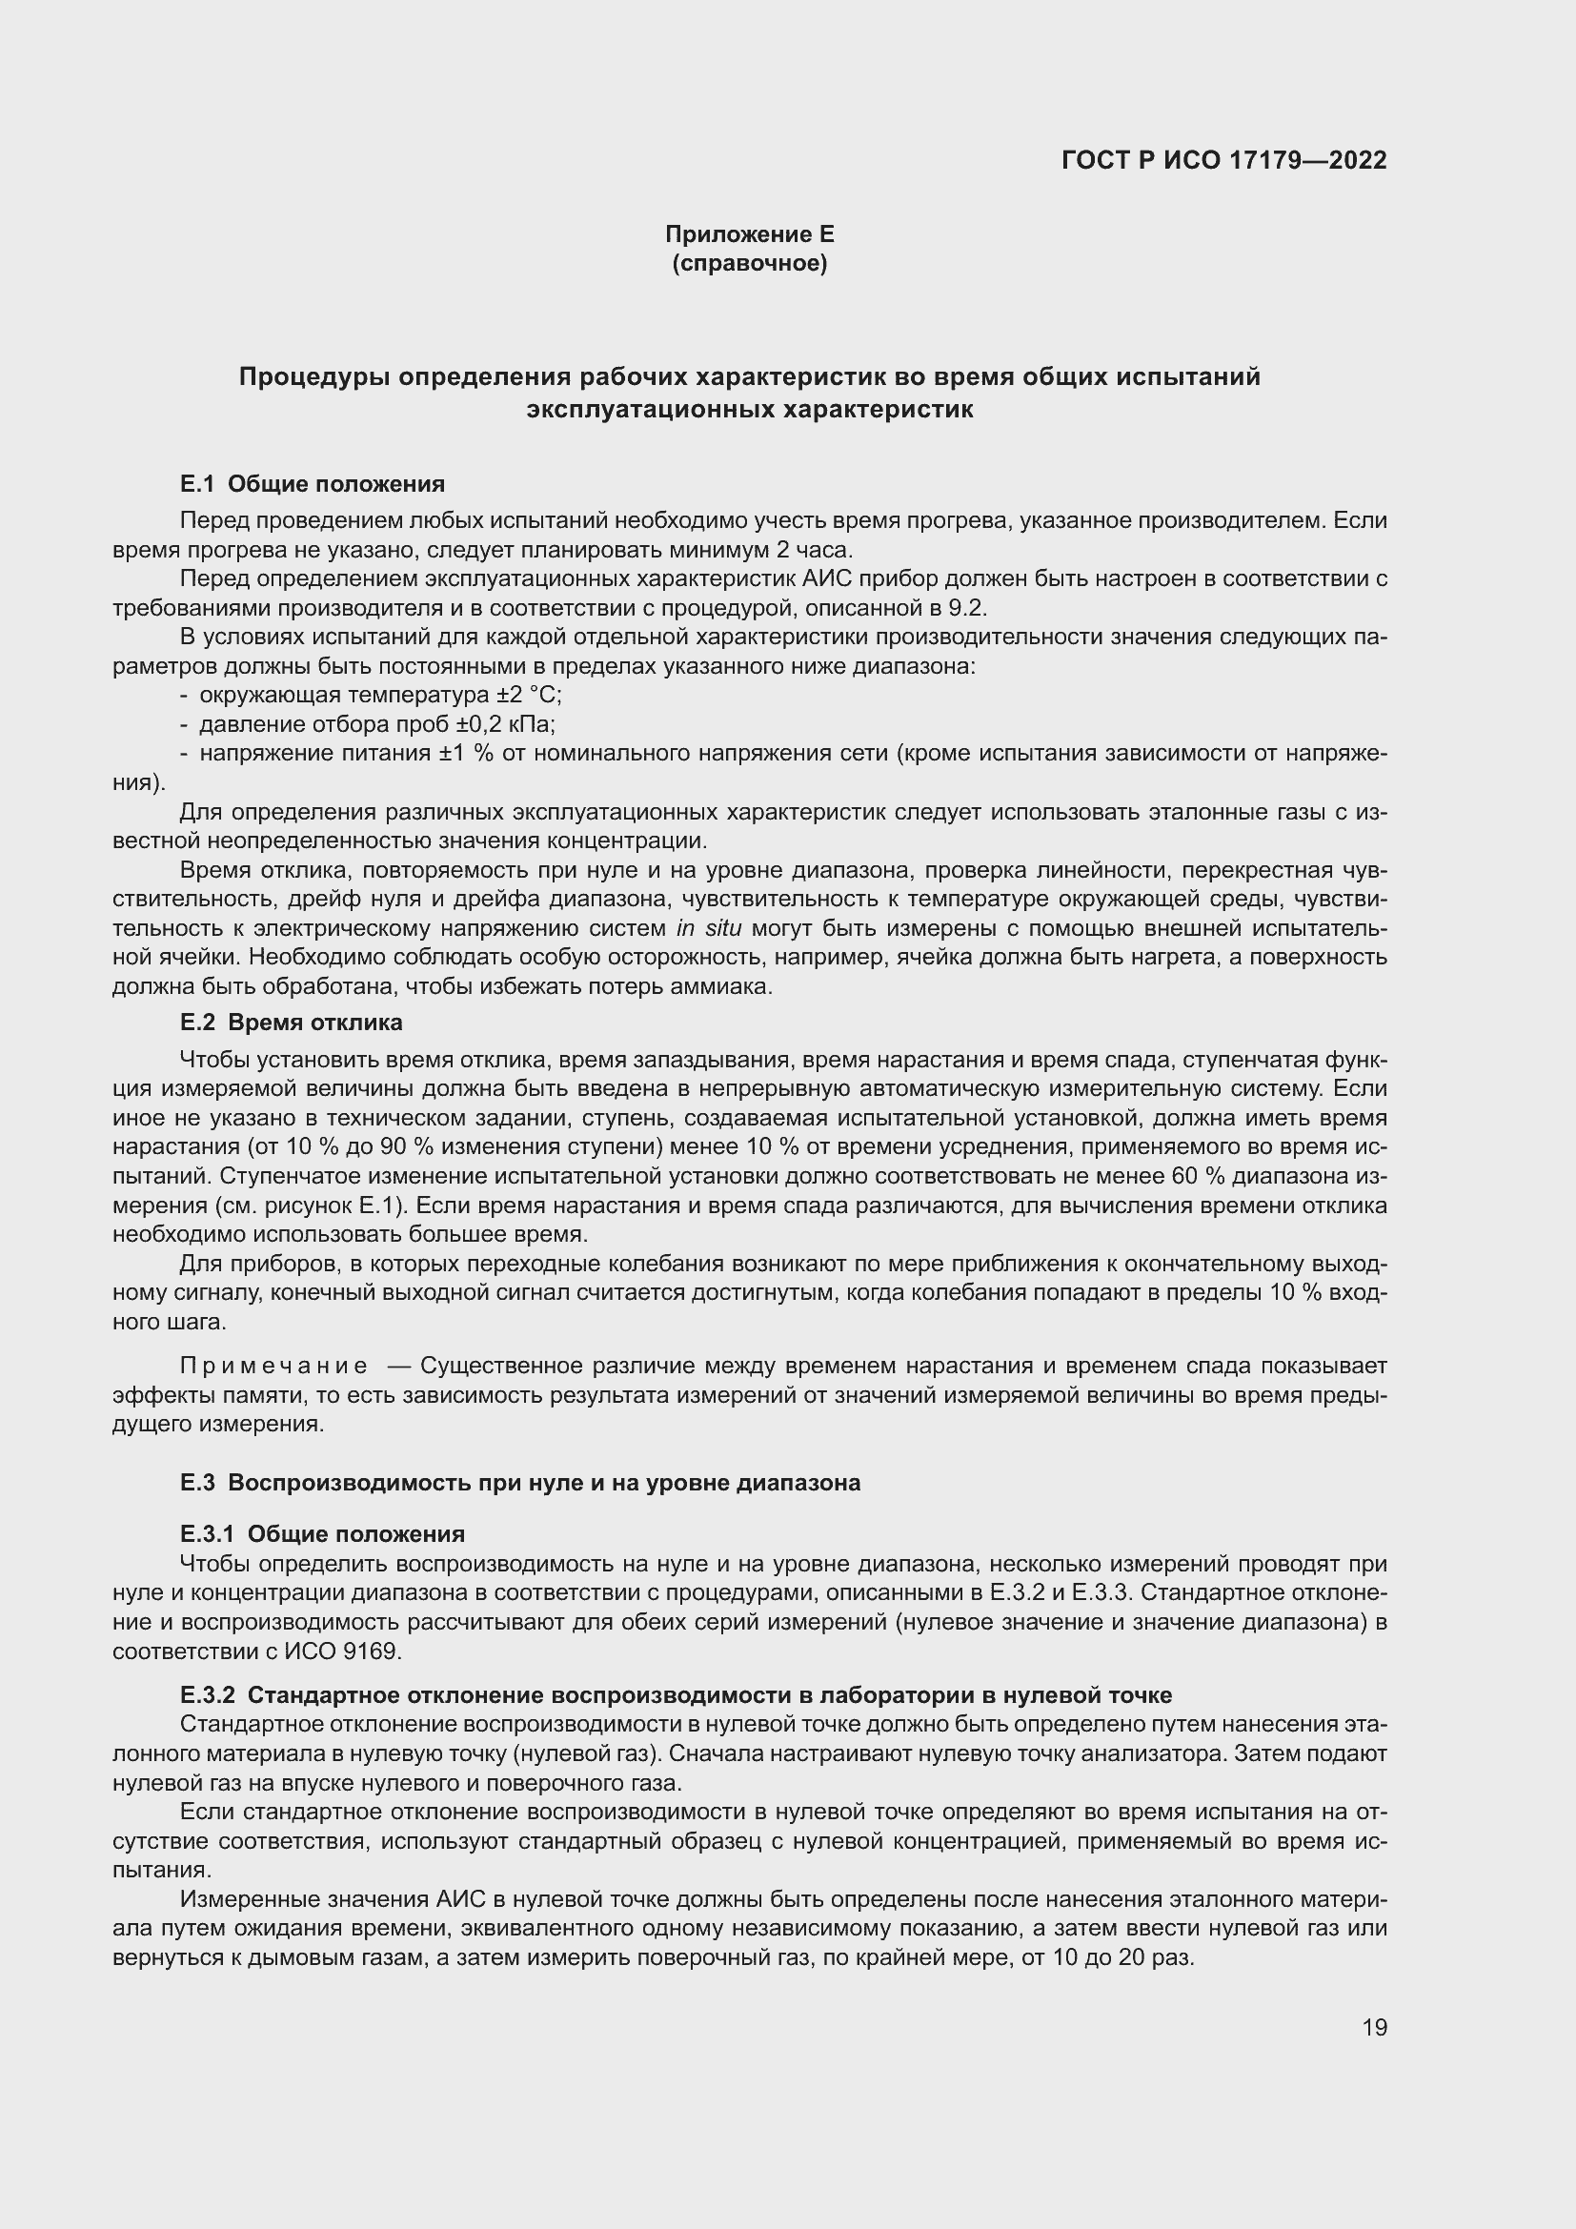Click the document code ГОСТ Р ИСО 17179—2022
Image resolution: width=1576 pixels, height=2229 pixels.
1223,160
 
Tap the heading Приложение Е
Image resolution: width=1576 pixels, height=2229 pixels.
749,234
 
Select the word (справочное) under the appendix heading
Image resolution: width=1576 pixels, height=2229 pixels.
749,263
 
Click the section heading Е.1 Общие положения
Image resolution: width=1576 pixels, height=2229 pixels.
313,483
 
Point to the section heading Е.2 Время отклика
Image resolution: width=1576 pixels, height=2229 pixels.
292,1023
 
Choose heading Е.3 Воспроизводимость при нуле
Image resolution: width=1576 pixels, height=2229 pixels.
520,1483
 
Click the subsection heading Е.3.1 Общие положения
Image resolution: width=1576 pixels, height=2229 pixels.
322,1533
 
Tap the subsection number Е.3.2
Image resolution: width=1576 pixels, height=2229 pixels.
208,1695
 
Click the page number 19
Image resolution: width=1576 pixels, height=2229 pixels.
1374,2027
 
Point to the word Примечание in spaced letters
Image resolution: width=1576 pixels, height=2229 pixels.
273,1366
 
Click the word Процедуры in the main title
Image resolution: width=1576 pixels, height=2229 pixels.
313,376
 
